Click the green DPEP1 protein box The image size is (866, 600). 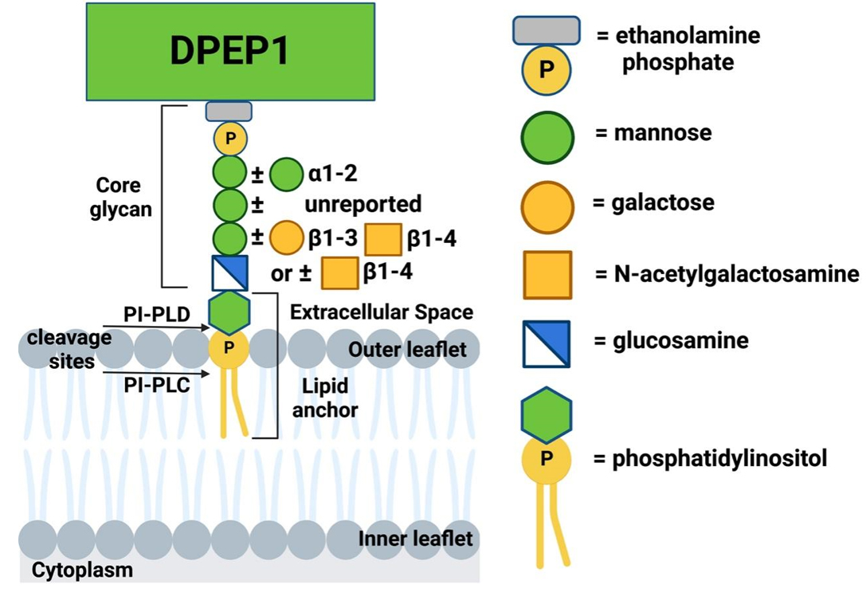coord(229,50)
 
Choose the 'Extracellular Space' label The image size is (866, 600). coord(382,312)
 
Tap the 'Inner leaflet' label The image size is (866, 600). coord(415,539)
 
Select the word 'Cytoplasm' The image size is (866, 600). coord(82,571)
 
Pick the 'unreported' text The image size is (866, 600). coord(363,204)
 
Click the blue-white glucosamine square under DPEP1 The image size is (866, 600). coord(230,273)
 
